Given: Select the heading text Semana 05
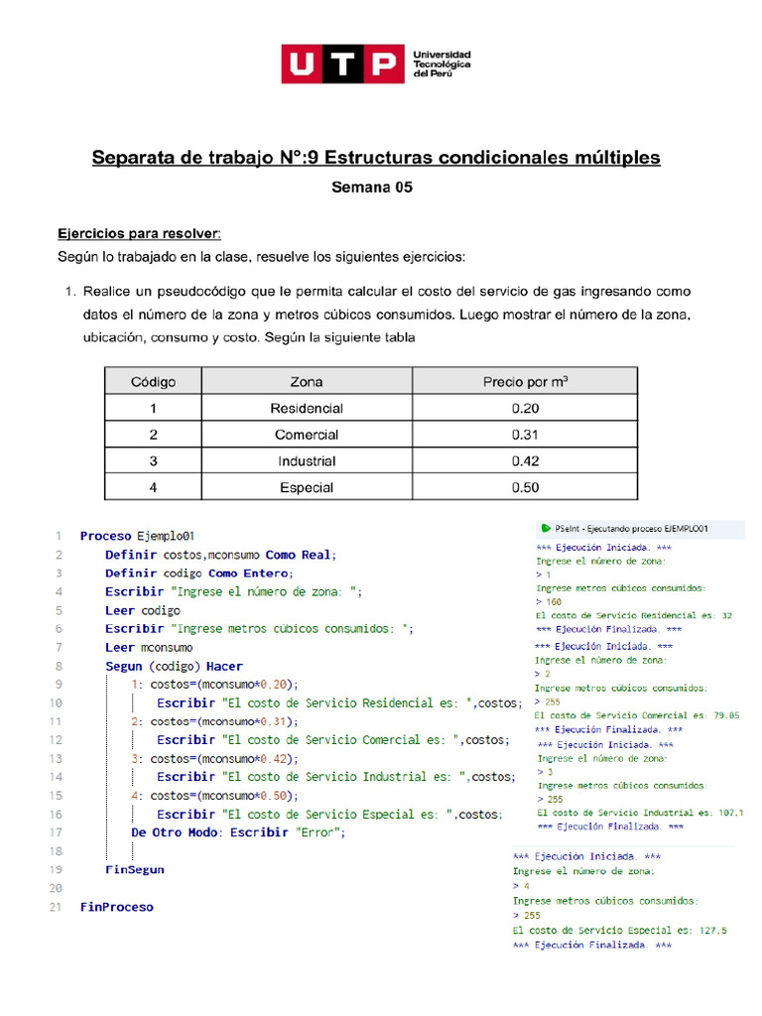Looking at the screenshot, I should pyautogui.click(x=371, y=187).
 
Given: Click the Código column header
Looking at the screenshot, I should pyautogui.click(x=153, y=382).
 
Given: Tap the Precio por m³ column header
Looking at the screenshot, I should pyautogui.click(x=525, y=382).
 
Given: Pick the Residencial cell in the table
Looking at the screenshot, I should pyautogui.click(x=307, y=409).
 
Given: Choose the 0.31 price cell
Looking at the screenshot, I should pyautogui.click(x=525, y=435).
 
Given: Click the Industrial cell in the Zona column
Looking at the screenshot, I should pyautogui.click(x=307, y=461).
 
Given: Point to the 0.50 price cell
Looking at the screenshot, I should pyautogui.click(x=525, y=487).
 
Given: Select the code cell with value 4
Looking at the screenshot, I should pyautogui.click(x=153, y=487).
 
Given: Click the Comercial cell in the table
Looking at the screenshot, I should pyautogui.click(x=307, y=435).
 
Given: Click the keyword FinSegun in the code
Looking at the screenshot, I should pyautogui.click(x=135, y=869).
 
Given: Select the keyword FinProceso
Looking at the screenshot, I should pyautogui.click(x=117, y=907).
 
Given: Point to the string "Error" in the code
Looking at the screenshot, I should pyautogui.click(x=317, y=832).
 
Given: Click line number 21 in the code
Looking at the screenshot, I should pyautogui.click(x=56, y=907).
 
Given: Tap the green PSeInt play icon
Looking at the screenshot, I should pyautogui.click(x=545, y=528).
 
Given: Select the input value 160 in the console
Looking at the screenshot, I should pyautogui.click(x=553, y=601).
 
